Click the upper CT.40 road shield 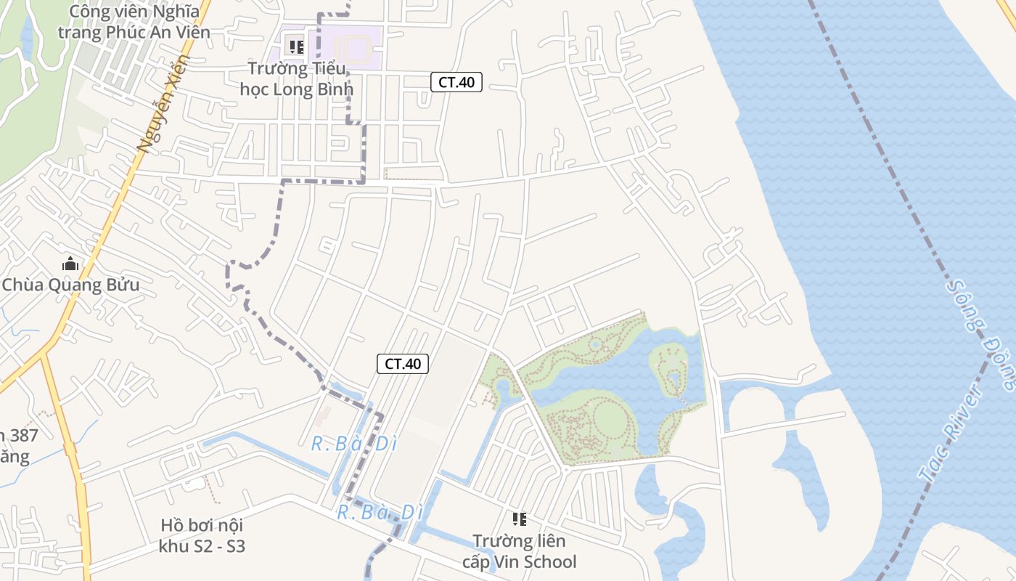(456, 82)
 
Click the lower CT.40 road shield (403, 364)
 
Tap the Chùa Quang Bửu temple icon (70, 264)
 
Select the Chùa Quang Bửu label (70, 285)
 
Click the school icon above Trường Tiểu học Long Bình (296, 47)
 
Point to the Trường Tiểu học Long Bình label (296, 79)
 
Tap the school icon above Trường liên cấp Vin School (519, 519)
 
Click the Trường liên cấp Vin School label (519, 551)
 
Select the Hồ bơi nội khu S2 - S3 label (202, 535)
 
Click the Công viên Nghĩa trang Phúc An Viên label (134, 22)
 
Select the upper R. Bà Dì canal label (354, 443)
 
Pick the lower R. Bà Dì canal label (380, 512)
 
